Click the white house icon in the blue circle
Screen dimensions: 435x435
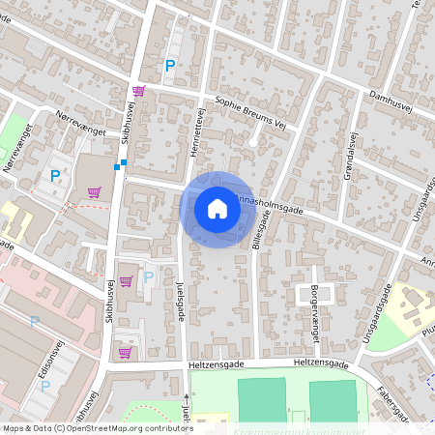pos(217,209)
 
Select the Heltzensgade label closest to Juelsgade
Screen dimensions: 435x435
pos(216,364)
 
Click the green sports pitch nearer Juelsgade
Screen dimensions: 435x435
pos(262,399)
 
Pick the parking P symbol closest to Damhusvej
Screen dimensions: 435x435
pos(170,66)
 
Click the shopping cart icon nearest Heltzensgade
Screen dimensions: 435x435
pos(125,352)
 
